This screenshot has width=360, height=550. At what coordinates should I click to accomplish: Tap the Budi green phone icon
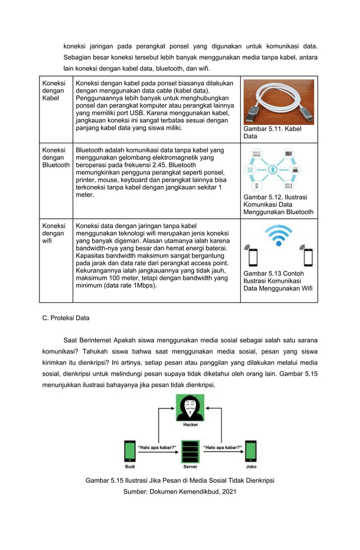click(x=130, y=451)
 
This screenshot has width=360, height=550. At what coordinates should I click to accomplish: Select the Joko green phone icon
click(x=251, y=451)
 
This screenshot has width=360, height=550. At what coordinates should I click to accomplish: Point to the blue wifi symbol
click(x=279, y=235)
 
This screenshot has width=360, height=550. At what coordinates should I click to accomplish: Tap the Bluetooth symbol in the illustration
click(x=272, y=169)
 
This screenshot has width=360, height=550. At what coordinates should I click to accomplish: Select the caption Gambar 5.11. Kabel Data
click(x=272, y=133)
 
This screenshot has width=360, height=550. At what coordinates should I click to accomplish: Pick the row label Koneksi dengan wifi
click(x=53, y=233)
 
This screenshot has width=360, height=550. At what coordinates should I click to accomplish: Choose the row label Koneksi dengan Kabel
click(x=53, y=91)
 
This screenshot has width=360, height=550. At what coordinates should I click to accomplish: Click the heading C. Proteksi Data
click(x=65, y=318)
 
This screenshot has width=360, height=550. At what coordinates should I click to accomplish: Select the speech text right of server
click(x=223, y=447)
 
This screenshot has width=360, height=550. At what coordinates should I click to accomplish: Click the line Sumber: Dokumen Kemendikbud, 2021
click(x=179, y=491)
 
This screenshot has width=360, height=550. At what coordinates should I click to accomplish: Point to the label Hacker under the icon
click(x=190, y=425)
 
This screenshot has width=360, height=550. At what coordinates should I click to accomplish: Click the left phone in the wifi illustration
click(x=253, y=257)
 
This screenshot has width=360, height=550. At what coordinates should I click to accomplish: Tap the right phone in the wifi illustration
click(x=308, y=257)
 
